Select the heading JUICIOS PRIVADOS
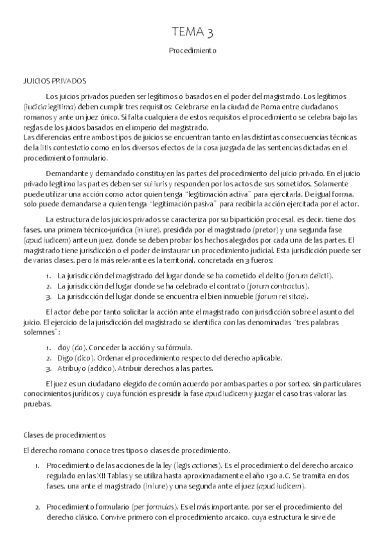click(54, 82)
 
